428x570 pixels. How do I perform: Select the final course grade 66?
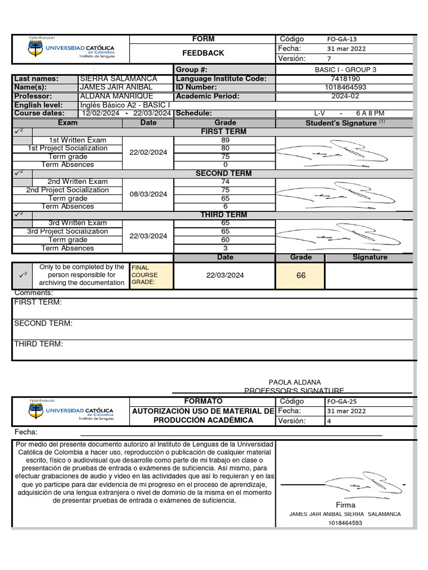(x=301, y=276)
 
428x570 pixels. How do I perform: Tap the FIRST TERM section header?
(x=225, y=132)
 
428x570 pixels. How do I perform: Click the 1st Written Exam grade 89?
(x=225, y=140)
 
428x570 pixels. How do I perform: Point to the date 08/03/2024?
(x=148, y=194)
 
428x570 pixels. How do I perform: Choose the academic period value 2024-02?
(x=346, y=96)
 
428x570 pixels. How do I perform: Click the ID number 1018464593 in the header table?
(x=346, y=87)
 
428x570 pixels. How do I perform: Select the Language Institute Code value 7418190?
(x=346, y=79)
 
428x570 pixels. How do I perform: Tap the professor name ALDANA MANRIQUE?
(x=116, y=96)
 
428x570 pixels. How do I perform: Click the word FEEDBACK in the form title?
(x=203, y=53)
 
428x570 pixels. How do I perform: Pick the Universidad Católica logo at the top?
(x=71, y=50)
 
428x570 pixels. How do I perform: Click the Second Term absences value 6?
(x=225, y=207)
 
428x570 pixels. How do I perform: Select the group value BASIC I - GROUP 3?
(x=346, y=70)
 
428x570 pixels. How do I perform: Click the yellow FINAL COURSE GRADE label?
(x=145, y=275)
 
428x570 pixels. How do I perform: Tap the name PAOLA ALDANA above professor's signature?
(x=295, y=382)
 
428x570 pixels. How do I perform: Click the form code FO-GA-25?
(x=339, y=401)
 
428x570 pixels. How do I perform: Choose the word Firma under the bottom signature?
(x=346, y=505)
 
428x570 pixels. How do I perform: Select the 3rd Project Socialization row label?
(x=67, y=232)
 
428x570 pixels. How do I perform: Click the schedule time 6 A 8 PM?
(x=370, y=113)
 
